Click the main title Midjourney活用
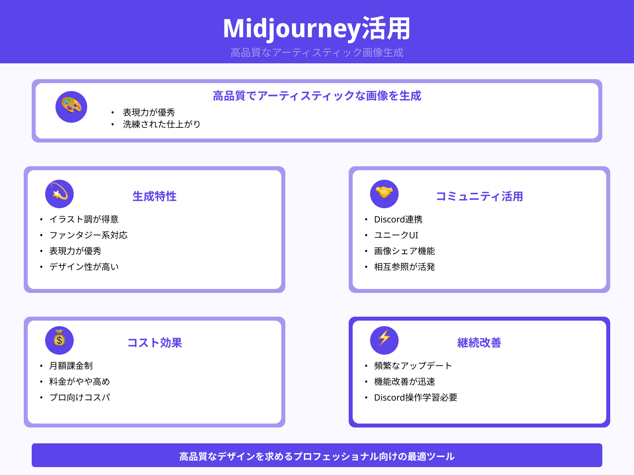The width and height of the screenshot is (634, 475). click(317, 28)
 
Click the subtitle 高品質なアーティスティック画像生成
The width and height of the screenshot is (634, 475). click(317, 52)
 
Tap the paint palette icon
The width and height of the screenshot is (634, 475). click(71, 107)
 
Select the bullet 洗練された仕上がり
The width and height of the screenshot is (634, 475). click(161, 124)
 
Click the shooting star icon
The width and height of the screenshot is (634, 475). click(59, 194)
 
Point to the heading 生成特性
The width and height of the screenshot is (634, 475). click(154, 196)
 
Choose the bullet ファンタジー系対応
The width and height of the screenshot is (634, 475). click(88, 235)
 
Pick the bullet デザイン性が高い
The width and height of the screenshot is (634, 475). click(84, 267)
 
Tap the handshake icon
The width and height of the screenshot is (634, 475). click(384, 194)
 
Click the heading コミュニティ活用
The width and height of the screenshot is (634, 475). click(479, 196)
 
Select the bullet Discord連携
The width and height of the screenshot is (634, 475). click(398, 219)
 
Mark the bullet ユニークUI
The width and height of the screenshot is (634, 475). click(396, 235)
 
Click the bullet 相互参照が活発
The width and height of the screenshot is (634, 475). click(404, 267)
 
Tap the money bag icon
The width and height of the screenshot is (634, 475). click(59, 340)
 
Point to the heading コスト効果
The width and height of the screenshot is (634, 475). click(154, 343)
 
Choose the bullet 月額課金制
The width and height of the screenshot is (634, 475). click(71, 366)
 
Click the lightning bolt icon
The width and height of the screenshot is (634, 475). click(384, 340)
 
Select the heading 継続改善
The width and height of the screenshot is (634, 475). click(479, 343)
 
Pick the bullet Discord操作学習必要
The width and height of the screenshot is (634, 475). click(415, 397)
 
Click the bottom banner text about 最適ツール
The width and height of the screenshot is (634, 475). click(317, 456)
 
